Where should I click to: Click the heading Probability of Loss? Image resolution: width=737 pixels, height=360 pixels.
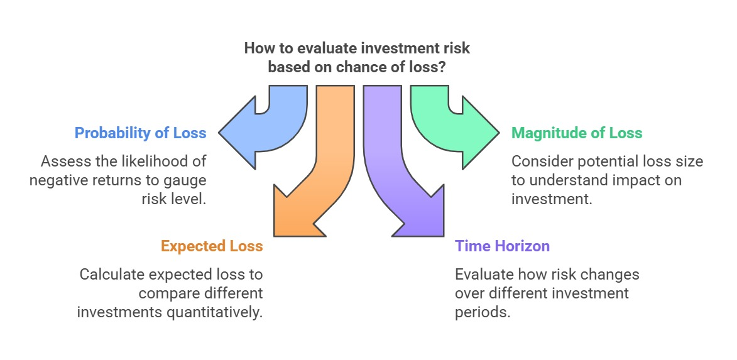point(141,133)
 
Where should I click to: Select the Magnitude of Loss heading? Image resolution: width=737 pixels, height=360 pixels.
point(577,133)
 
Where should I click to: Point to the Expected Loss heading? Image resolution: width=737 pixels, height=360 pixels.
point(212,246)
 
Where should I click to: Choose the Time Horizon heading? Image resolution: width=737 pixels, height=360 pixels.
point(502,246)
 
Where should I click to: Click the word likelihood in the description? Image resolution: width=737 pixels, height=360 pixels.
point(151,161)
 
